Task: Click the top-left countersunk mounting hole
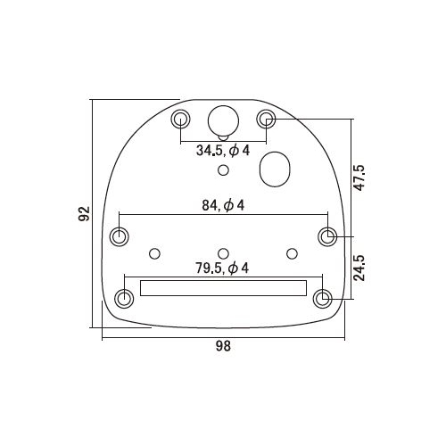[x=181, y=119]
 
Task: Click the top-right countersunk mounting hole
[x=266, y=119]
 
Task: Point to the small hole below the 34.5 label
[x=223, y=170]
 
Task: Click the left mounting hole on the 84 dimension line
[x=119, y=236]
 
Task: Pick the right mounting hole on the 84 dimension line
[x=328, y=236]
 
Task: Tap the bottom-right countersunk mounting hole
[x=324, y=297]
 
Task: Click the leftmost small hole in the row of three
[x=155, y=253]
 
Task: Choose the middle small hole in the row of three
[x=223, y=253]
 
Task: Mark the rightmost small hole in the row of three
[x=291, y=253]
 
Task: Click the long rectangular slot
[x=223, y=289]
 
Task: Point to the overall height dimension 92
[x=84, y=214]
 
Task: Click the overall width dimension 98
[x=223, y=347]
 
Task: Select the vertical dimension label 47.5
[x=359, y=178]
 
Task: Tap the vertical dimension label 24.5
[x=359, y=267]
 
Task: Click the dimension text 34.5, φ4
[x=223, y=151]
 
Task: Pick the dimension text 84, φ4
[x=223, y=206]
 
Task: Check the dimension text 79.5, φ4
[x=223, y=268]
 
